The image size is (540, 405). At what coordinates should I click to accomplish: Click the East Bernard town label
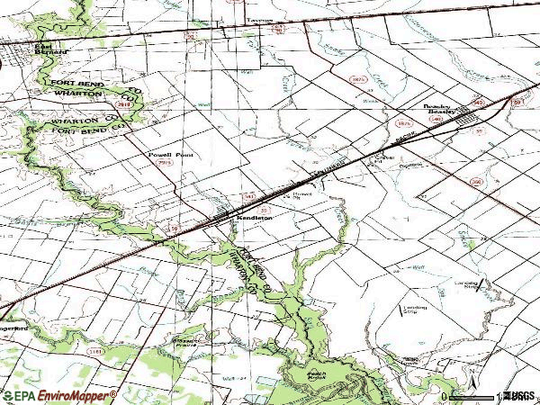(50, 49)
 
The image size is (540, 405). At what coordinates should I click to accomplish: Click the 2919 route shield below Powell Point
(164, 163)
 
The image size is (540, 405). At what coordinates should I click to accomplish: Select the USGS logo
(519, 396)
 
